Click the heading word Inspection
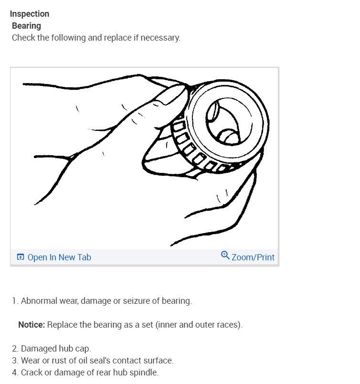click(29, 14)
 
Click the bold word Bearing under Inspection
click(26, 26)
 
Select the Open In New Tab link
click(59, 257)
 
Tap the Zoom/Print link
click(253, 257)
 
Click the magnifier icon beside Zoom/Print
click(225, 256)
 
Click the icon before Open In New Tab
click(21, 257)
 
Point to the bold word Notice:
click(32, 325)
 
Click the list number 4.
click(14, 373)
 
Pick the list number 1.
click(14, 301)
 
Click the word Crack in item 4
click(31, 373)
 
